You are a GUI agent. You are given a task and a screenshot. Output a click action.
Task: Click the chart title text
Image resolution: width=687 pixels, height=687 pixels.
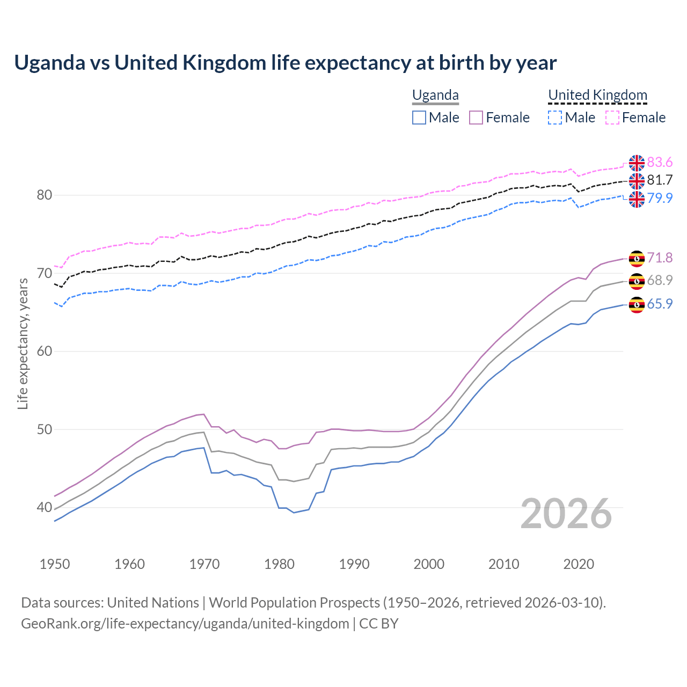coord(285,63)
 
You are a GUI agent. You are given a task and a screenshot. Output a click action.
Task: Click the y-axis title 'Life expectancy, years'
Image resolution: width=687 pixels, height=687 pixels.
coord(23,343)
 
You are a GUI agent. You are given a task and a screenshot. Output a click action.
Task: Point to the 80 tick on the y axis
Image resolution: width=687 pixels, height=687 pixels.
coord(45,195)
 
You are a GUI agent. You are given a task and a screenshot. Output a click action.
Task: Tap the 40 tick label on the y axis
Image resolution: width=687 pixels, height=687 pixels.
coord(45,508)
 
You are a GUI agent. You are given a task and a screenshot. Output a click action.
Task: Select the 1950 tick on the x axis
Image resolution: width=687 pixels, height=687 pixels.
coord(55,564)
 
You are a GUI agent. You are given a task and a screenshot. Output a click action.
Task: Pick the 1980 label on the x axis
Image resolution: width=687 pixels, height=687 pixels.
coord(279,564)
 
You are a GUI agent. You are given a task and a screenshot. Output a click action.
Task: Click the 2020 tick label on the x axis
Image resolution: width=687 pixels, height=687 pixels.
coord(579,564)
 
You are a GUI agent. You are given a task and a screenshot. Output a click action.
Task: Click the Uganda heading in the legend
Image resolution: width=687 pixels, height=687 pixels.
coord(435,96)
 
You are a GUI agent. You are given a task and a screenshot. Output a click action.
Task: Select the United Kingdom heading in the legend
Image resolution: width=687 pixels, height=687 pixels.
coord(597,96)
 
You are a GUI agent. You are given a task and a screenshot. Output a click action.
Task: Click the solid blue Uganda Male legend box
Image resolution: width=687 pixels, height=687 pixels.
coord(419,118)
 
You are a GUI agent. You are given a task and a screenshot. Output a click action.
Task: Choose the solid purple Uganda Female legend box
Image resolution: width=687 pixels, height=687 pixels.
coord(477,118)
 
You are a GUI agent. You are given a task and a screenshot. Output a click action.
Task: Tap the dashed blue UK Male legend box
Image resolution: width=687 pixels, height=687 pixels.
coord(555,118)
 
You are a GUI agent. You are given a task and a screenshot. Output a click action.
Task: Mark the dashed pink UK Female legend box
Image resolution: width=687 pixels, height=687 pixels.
coord(612,118)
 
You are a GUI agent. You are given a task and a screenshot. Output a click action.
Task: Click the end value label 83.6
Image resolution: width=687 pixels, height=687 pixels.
coord(660,163)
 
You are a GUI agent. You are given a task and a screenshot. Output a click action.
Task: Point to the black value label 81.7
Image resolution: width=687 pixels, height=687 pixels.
coord(660,180)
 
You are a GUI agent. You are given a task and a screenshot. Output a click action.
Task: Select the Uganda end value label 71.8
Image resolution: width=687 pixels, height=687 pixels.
coord(660,258)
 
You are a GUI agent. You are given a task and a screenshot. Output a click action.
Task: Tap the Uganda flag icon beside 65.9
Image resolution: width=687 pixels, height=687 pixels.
coord(637,305)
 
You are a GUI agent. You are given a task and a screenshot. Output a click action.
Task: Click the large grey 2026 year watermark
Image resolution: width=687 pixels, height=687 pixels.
coord(566,514)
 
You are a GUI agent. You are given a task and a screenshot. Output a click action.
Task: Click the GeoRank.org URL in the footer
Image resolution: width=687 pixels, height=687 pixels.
coord(185,624)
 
